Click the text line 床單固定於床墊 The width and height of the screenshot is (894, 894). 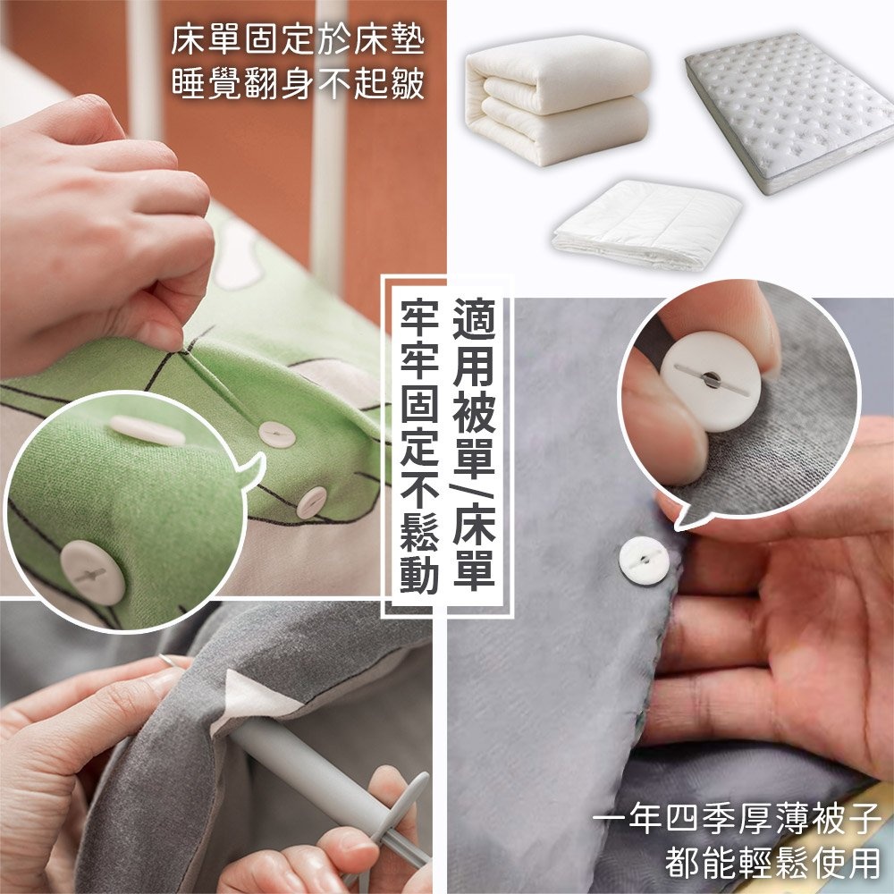pyautogui.click(x=297, y=41)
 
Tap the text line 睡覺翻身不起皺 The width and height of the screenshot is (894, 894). pyautogui.click(x=297, y=86)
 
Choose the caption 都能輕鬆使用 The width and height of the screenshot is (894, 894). pyautogui.click(x=772, y=863)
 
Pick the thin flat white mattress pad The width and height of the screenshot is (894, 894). pyautogui.click(x=648, y=223)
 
